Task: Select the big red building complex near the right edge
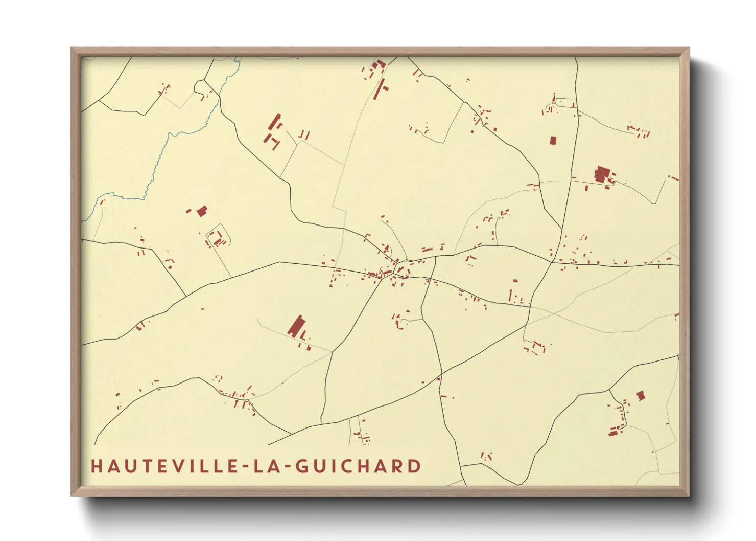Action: pyautogui.click(x=603, y=174)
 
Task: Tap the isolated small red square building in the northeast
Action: pyautogui.click(x=553, y=140)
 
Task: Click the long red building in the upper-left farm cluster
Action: pyautogui.click(x=275, y=122)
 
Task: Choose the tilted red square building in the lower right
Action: pyautogui.click(x=641, y=395)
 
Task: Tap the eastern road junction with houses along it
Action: pyautogui.click(x=552, y=262)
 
